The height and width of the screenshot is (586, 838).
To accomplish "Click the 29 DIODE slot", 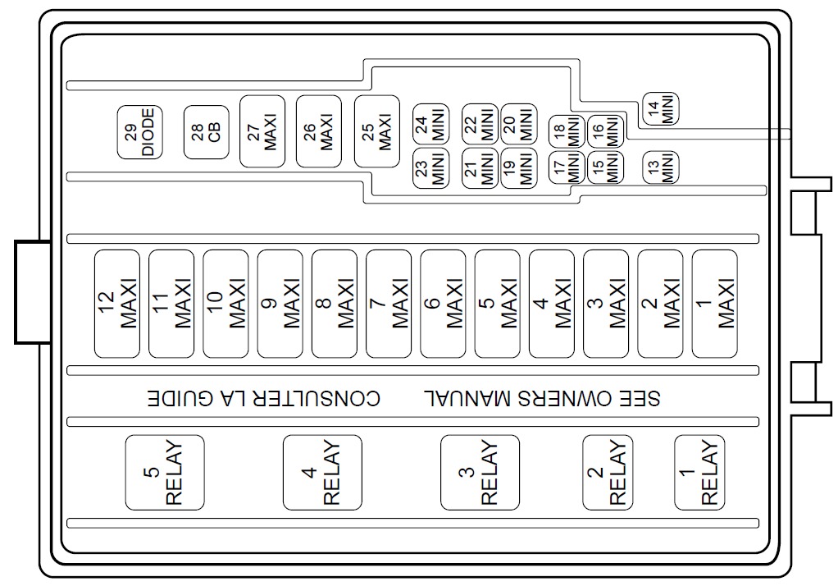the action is (x=140, y=132).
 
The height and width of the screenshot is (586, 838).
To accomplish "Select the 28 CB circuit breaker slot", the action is (x=207, y=132).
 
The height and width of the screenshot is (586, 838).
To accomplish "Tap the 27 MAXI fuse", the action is (x=262, y=131).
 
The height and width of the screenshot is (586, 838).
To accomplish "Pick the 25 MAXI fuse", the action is (x=377, y=131).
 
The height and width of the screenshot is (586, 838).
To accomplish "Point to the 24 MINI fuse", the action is (x=430, y=124).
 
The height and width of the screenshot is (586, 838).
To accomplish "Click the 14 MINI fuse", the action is (x=661, y=108).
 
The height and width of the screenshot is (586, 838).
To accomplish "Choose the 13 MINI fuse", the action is (x=661, y=167).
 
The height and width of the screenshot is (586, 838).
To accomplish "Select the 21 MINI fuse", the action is (x=480, y=168).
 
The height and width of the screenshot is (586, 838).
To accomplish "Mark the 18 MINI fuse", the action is (x=567, y=131).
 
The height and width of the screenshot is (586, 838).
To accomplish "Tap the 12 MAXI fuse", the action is (x=117, y=304).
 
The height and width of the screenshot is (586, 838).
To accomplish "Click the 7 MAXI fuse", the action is (x=389, y=304).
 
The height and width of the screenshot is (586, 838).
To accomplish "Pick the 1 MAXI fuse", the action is (x=714, y=304).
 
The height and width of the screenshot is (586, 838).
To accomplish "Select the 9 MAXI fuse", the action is (x=280, y=304).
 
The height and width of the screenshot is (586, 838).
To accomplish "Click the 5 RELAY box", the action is (x=165, y=473).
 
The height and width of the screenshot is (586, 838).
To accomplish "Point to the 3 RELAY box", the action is (x=480, y=473).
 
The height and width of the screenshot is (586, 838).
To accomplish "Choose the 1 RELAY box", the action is (x=699, y=473).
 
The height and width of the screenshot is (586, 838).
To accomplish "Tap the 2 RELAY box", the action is (x=608, y=473).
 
